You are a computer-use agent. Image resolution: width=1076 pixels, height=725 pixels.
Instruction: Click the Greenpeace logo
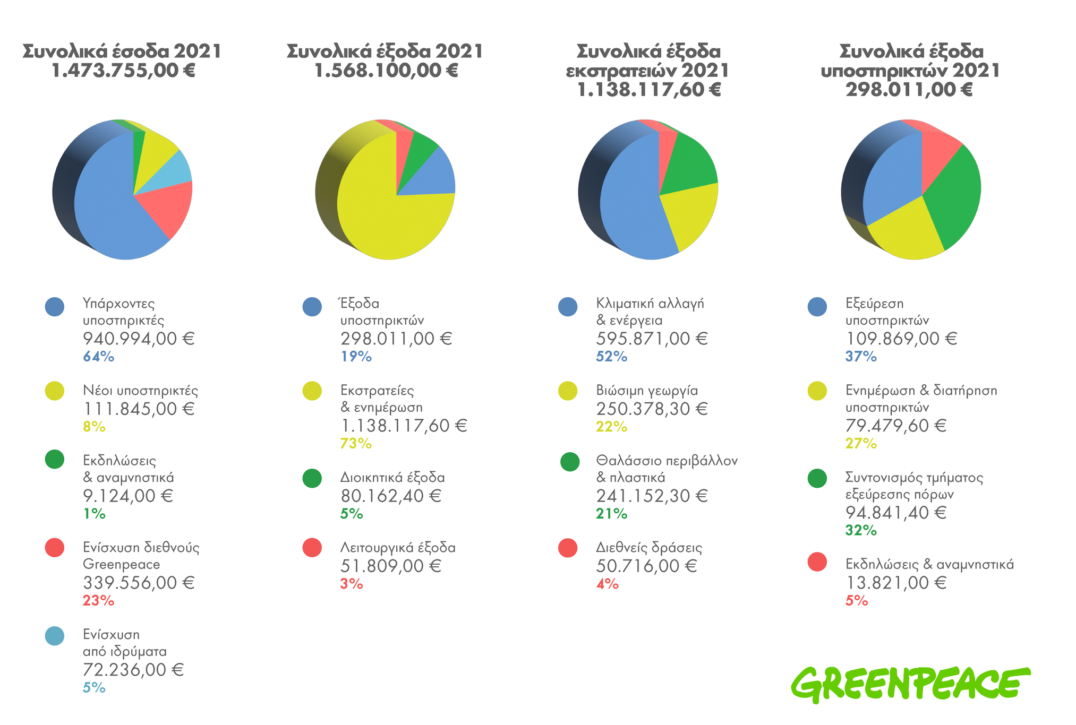pyautogui.click(x=910, y=685)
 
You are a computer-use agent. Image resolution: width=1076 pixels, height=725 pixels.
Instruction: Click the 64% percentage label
pyautogui.click(x=98, y=357)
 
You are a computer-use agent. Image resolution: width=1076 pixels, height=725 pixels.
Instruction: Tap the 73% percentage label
pyautogui.click(x=356, y=444)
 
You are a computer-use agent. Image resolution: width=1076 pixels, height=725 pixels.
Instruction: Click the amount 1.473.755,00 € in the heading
pyautogui.click(x=123, y=71)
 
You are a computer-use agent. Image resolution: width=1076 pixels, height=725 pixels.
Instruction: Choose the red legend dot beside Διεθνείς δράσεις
pyautogui.click(x=568, y=548)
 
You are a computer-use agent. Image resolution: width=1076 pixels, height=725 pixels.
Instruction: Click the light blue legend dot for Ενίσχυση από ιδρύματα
pyautogui.click(x=55, y=635)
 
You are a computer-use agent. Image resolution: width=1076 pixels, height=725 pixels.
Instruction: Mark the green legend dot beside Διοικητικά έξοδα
pyautogui.click(x=312, y=478)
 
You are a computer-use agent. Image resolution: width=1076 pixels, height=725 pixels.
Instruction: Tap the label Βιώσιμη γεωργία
pyautogui.click(x=647, y=391)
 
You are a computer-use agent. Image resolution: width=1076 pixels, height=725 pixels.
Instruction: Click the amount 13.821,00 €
pyautogui.click(x=896, y=583)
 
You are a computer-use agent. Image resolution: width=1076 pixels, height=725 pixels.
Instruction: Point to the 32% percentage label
pyautogui.click(x=861, y=530)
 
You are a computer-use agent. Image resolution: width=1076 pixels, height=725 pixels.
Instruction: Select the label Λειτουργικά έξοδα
pyautogui.click(x=398, y=548)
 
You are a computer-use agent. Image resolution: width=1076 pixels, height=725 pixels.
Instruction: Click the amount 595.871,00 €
pyautogui.click(x=652, y=339)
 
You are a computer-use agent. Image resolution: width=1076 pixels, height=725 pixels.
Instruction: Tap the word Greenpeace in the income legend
pyautogui.click(x=122, y=565)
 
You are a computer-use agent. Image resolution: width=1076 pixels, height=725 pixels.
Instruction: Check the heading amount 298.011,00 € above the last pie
pyautogui.click(x=909, y=90)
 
